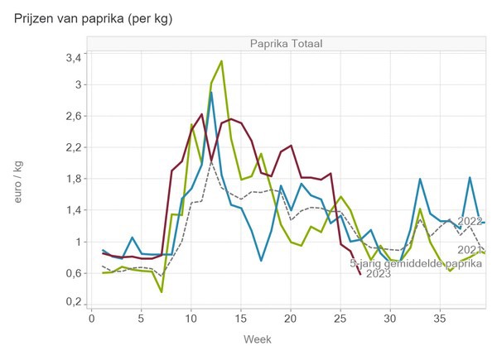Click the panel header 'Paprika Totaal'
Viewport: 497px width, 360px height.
[x=287, y=44]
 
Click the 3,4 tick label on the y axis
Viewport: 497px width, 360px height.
[x=73, y=57]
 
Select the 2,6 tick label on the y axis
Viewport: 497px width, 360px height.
[x=73, y=116]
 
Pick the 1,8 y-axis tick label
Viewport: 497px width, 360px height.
[x=73, y=179]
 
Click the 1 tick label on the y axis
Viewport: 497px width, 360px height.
[x=78, y=242]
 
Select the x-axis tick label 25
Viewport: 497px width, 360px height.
[x=340, y=319]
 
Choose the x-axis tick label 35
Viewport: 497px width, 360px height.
[x=441, y=319]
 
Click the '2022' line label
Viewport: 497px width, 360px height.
[x=470, y=222]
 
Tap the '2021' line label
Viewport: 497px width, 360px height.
[x=470, y=249]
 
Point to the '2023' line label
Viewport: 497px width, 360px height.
[x=378, y=274]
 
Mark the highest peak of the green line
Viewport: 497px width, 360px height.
[x=221, y=60]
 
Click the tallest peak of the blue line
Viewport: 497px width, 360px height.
[x=211, y=93]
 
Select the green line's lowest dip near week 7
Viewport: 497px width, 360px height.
[x=162, y=291]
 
